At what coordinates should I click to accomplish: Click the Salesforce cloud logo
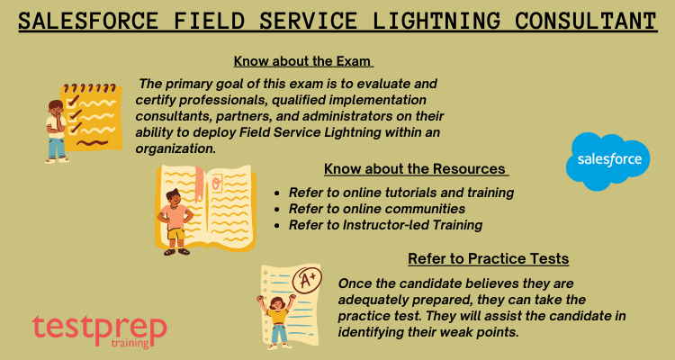(607, 160)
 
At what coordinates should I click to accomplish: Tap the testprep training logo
(99, 330)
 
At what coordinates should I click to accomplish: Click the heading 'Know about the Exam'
(303, 61)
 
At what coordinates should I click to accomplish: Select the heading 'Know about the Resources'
(415, 169)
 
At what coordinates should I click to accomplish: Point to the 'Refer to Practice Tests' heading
(488, 259)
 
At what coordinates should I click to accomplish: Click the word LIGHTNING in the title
(436, 21)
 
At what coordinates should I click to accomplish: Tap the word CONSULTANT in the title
(586, 21)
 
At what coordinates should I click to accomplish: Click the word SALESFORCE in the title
(89, 21)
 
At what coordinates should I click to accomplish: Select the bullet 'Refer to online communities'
(377, 209)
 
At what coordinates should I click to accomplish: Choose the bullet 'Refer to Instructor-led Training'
(385, 225)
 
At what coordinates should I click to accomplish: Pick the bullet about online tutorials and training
(401, 193)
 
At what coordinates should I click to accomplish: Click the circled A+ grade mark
(307, 280)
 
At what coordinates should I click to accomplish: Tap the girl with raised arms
(277, 320)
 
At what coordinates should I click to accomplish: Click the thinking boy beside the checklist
(57, 131)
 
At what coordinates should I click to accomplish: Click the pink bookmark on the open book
(199, 184)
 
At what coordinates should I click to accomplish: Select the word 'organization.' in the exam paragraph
(175, 148)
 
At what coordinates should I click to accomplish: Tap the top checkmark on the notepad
(74, 101)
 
